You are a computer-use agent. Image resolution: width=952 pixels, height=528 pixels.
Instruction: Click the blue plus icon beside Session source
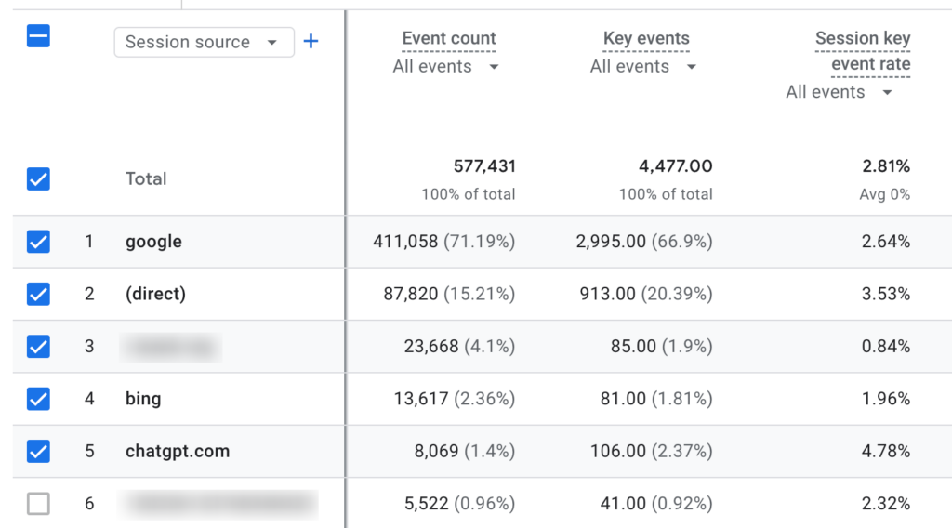point(311,42)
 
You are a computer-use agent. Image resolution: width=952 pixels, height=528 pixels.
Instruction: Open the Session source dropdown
point(204,42)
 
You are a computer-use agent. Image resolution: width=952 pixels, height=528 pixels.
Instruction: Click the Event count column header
point(449,39)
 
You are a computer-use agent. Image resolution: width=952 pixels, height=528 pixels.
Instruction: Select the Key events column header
point(646,39)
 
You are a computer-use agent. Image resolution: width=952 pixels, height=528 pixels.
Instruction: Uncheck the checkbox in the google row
point(38,242)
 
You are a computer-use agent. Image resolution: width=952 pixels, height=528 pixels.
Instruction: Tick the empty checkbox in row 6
point(38,504)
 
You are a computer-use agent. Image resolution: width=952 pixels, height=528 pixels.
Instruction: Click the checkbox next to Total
point(38,179)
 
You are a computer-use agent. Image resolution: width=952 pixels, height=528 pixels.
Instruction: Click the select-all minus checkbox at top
point(38,37)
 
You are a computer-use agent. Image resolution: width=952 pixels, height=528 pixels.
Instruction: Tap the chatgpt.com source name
point(178,451)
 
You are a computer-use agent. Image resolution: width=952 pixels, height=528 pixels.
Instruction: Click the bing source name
point(143,399)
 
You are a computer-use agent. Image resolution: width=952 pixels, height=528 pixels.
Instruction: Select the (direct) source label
point(155,294)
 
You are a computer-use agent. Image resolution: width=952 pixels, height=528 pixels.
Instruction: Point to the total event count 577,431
point(484,166)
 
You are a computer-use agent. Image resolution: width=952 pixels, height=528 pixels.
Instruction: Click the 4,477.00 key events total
point(676,166)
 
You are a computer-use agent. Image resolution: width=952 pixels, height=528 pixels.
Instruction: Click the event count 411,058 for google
point(404,242)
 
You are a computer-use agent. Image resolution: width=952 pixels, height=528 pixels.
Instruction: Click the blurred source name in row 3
point(171,347)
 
